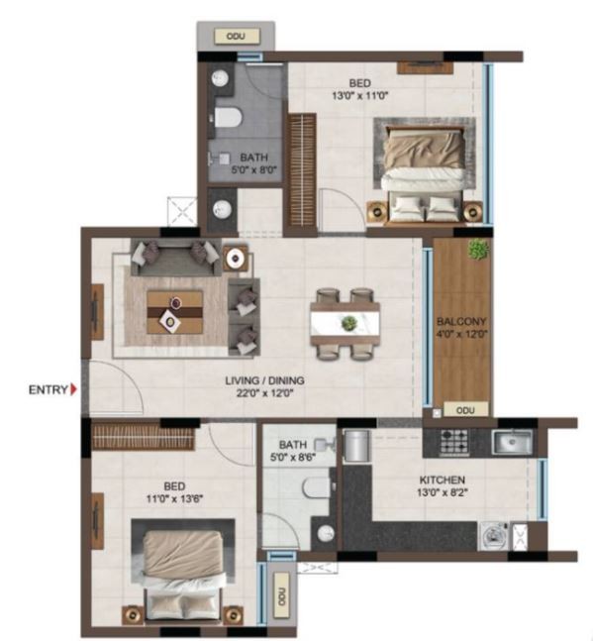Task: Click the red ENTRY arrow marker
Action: tap(73, 389)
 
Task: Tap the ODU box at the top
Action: tap(237, 37)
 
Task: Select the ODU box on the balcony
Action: tap(465, 409)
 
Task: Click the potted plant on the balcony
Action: tap(478, 250)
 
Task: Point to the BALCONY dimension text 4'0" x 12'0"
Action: tap(461, 334)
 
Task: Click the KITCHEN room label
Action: tap(442, 480)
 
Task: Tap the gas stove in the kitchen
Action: tap(453, 442)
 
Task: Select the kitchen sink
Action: tap(512, 442)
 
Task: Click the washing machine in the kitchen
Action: tap(493, 536)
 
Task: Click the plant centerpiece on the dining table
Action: tap(348, 323)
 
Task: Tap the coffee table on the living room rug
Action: tap(175, 312)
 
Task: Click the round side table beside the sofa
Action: tap(236, 258)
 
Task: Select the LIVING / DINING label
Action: tap(264, 380)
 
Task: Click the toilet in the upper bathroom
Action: tap(227, 117)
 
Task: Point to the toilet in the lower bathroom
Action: tap(317, 487)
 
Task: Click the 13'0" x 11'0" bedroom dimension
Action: tap(359, 96)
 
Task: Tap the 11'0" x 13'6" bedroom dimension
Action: tap(174, 498)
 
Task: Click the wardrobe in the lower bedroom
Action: tap(143, 437)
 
